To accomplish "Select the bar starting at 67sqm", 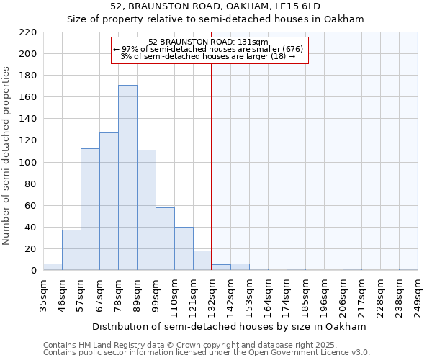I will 109,202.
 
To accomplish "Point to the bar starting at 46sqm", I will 71,250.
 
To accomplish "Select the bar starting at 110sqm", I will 184,249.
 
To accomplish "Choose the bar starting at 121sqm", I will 202,261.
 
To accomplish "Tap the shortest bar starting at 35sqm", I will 53,267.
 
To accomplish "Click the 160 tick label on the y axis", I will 28,97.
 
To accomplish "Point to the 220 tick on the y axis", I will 28,32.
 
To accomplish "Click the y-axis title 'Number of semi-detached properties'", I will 6,156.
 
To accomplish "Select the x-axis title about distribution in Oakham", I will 230,327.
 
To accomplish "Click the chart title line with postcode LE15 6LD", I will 215,6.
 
